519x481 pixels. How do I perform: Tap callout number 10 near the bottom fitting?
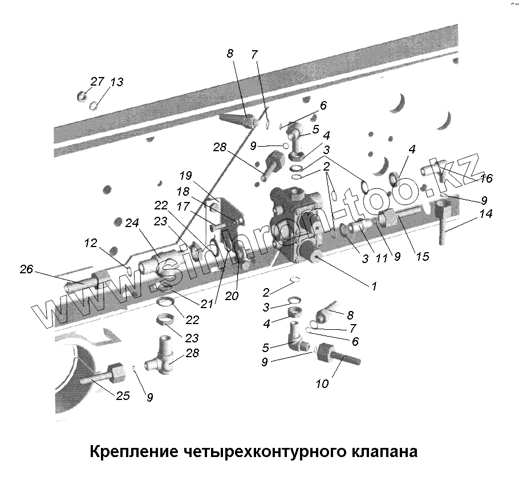[322, 383]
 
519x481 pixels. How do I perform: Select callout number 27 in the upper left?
[98, 81]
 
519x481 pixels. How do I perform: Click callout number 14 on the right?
[486, 215]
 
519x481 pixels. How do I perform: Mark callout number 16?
[486, 178]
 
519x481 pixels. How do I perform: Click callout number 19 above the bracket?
[186, 175]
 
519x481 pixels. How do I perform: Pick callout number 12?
[91, 243]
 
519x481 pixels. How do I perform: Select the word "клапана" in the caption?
[381, 452]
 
